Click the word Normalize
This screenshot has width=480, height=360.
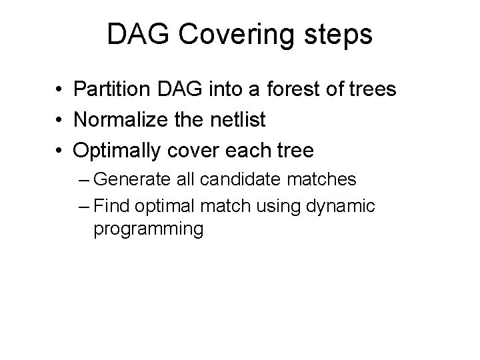[124, 120]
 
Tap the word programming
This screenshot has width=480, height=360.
[148, 229]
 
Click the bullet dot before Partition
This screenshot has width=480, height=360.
[59, 89]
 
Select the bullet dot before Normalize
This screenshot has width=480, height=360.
[59, 121]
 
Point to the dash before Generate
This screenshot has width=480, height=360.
[83, 180]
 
